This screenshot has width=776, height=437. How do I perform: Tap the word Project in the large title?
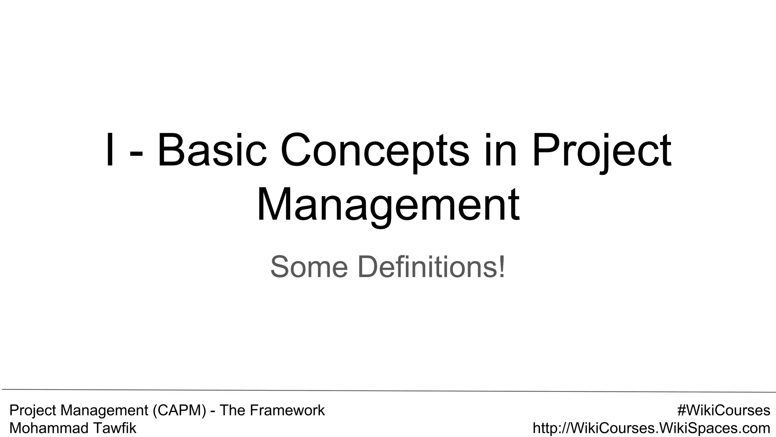coord(602,151)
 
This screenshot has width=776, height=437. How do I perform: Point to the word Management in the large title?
coord(388,205)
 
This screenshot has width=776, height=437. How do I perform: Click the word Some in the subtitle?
coord(309,267)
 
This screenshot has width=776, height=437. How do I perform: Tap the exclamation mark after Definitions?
coord(501,267)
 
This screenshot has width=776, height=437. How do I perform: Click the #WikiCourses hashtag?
coord(724,410)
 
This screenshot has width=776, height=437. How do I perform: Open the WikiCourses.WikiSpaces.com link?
coord(651,428)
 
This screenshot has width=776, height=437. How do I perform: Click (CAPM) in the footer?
coord(180,410)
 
